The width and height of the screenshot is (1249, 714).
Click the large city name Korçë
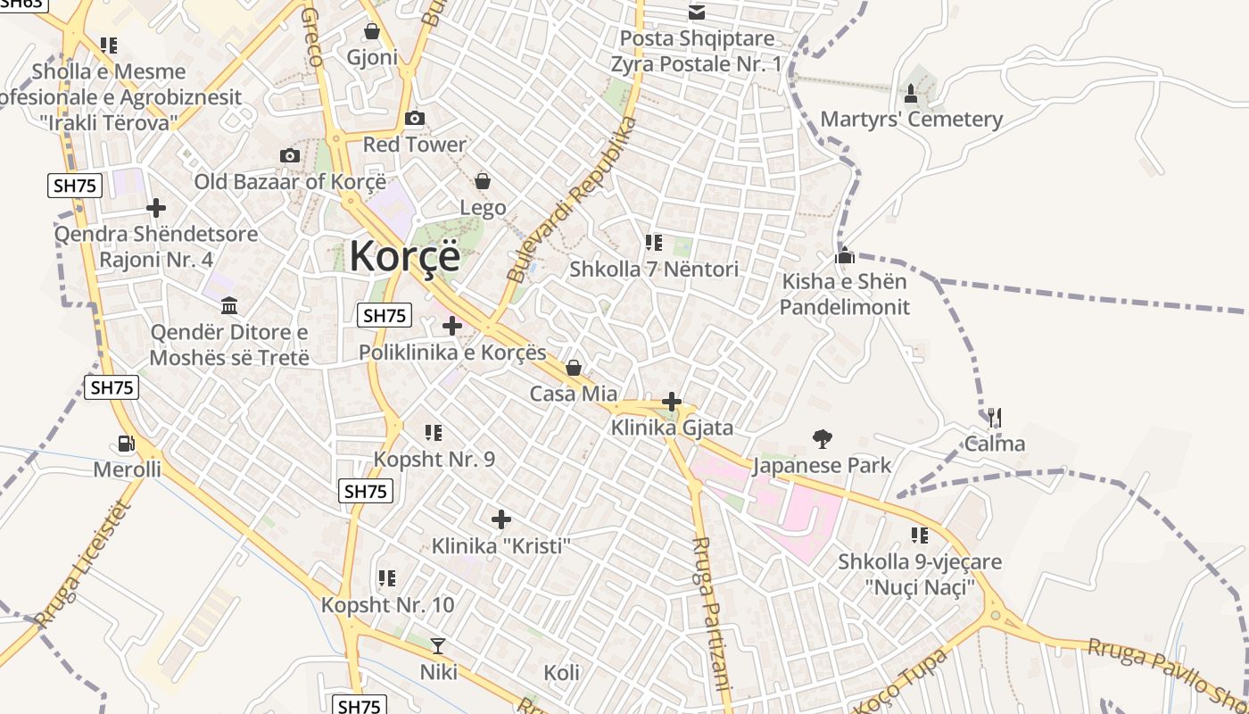405,256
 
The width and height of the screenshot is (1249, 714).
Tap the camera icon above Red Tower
414,119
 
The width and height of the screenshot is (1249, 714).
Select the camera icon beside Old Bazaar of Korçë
289,156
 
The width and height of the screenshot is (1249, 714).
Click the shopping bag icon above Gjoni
371,31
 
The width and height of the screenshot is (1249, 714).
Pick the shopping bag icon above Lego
483,182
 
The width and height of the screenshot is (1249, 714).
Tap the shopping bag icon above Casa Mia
574,368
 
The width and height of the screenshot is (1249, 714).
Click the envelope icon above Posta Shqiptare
696,12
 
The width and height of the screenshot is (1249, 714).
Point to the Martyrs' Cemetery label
911,120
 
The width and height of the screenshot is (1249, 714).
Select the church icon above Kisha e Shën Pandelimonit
844,256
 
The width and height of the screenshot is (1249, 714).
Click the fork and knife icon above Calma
995,417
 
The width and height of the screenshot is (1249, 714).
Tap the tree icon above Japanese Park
822,438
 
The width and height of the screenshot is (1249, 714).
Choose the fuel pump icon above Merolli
127,443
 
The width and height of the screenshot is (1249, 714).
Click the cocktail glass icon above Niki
438,645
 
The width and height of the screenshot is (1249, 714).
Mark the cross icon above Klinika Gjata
672,403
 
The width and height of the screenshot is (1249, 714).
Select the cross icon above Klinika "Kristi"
501,519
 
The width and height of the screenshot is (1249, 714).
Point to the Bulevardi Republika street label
572,201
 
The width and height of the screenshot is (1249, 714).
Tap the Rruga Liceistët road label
83,566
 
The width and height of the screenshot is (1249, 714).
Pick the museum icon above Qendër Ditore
229,306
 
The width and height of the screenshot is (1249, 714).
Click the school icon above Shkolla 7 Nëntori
654,242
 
